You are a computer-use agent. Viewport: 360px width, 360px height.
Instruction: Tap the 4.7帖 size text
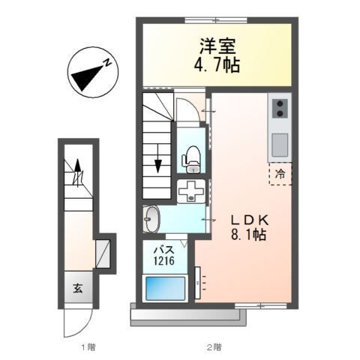216,66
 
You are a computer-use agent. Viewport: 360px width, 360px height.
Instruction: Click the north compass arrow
89,73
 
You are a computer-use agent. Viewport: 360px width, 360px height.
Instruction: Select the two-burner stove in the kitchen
278,109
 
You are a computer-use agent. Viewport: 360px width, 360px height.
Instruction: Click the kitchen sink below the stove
278,142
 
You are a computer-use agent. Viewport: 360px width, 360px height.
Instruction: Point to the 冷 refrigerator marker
280,173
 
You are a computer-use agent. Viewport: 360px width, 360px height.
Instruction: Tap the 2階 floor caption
213,347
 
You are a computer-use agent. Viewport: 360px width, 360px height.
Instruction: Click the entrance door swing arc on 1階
76,321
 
